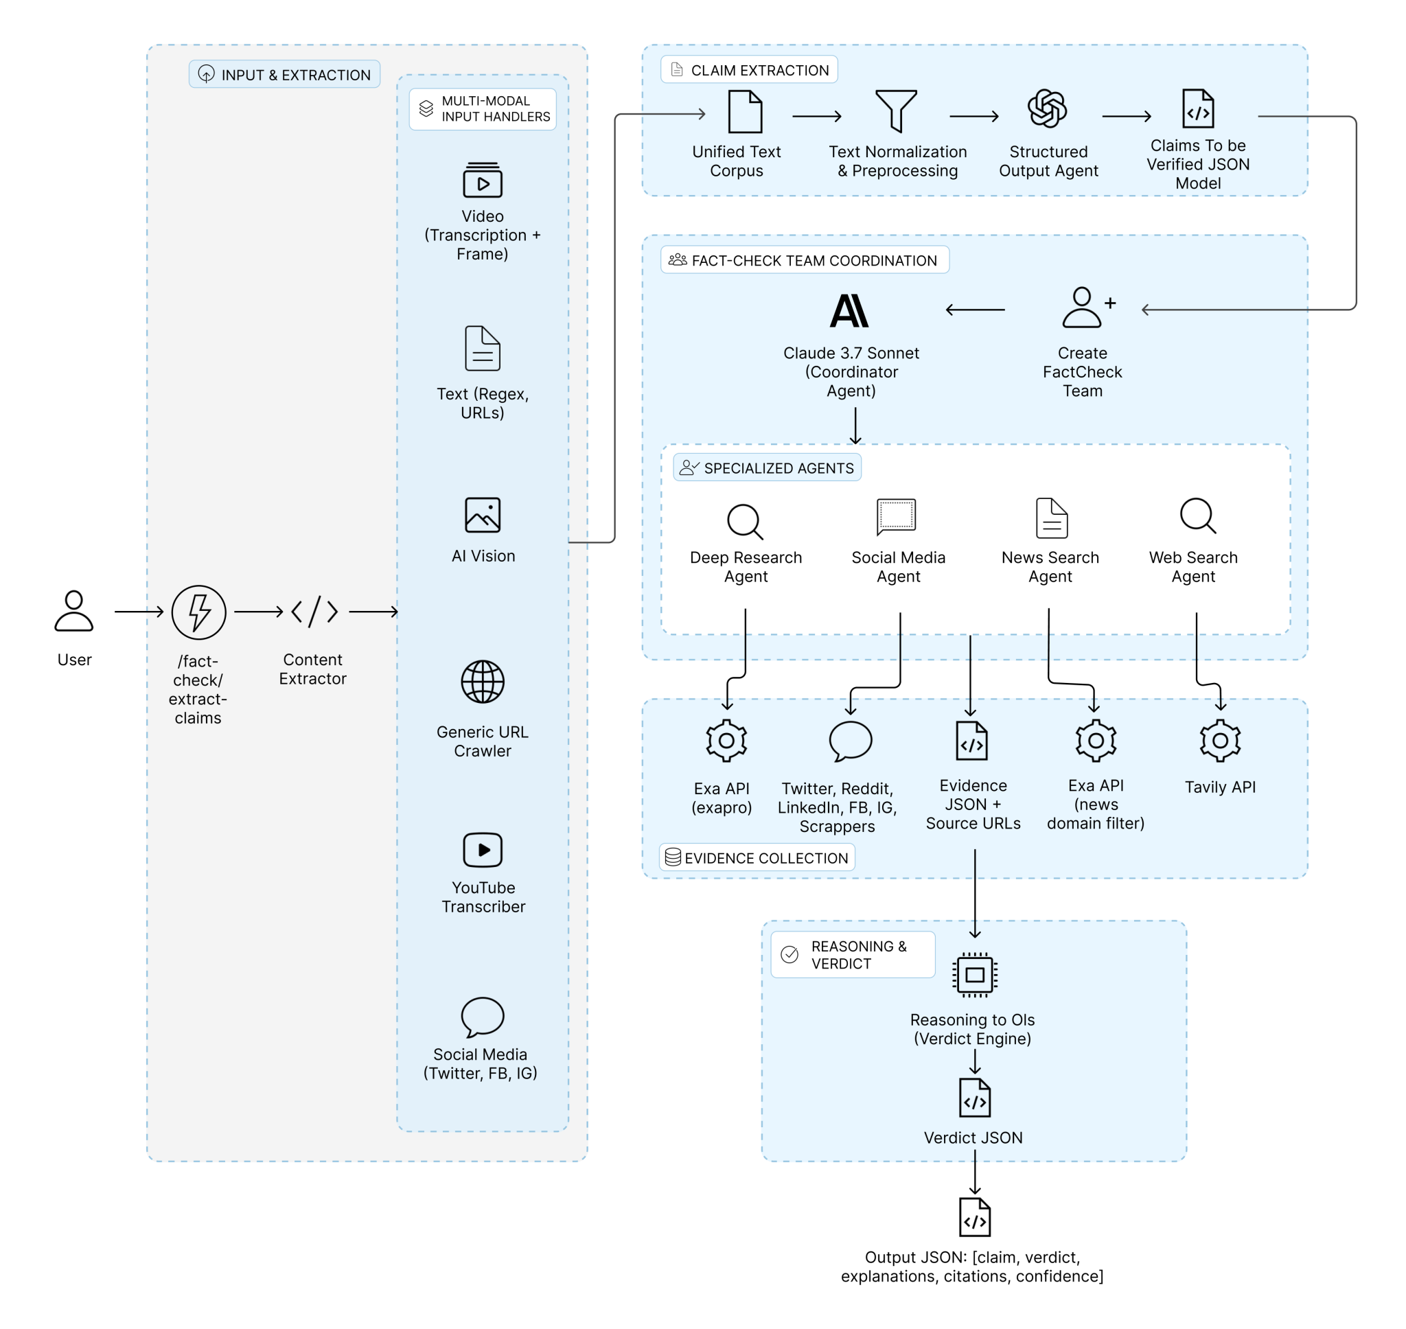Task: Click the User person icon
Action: [x=73, y=611]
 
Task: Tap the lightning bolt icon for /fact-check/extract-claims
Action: [x=198, y=612]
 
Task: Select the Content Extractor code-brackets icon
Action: [x=314, y=612]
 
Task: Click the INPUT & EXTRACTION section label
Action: [x=285, y=74]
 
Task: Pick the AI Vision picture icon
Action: [x=483, y=515]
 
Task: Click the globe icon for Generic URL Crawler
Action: [x=483, y=682]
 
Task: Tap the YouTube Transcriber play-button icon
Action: [x=483, y=850]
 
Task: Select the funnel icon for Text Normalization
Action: [x=896, y=111]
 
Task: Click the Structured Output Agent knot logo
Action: [x=1048, y=109]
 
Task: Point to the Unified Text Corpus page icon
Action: [x=745, y=111]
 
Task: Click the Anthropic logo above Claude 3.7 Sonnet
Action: [x=849, y=311]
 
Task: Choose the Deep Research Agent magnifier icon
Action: [x=745, y=522]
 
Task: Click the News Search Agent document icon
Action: [x=1052, y=518]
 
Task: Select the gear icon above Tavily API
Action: [x=1220, y=741]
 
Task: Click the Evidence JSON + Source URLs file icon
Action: [x=972, y=741]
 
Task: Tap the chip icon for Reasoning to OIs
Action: [x=975, y=975]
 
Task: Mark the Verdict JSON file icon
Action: [x=975, y=1098]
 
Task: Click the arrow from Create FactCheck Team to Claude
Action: [x=976, y=310]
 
